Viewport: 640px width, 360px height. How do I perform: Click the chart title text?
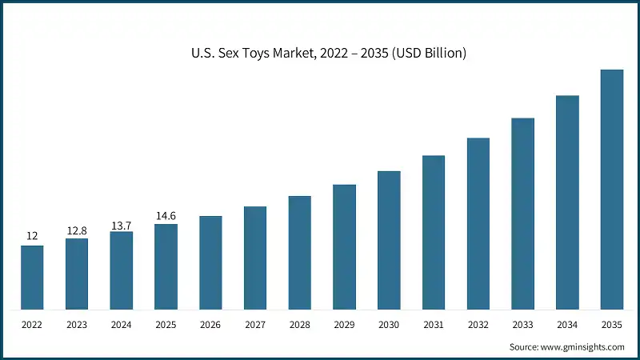click(x=320, y=54)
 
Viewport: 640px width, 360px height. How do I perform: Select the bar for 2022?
click(x=33, y=277)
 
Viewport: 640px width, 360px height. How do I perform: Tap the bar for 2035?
click(x=612, y=189)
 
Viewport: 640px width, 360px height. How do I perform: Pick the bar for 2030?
click(x=389, y=239)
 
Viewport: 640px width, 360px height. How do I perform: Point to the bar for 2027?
click(x=255, y=258)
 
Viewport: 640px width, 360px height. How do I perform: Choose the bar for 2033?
click(x=522, y=213)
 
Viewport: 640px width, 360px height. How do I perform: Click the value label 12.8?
click(x=77, y=231)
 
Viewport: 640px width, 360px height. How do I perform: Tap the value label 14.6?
click(x=166, y=216)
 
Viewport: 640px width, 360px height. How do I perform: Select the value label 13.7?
click(x=122, y=225)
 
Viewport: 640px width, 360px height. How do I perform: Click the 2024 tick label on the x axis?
click(x=122, y=325)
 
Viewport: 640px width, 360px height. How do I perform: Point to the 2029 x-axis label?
click(x=344, y=325)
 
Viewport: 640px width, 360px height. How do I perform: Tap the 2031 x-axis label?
click(x=434, y=325)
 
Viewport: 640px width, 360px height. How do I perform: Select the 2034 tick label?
click(x=567, y=325)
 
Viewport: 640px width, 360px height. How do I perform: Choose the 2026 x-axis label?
click(x=210, y=325)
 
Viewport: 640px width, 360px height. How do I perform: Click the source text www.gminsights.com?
click(x=566, y=347)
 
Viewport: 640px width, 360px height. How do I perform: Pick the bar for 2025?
click(x=166, y=266)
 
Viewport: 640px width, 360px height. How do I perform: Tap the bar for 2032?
click(x=478, y=223)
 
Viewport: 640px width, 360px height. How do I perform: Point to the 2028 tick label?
click(x=300, y=325)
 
